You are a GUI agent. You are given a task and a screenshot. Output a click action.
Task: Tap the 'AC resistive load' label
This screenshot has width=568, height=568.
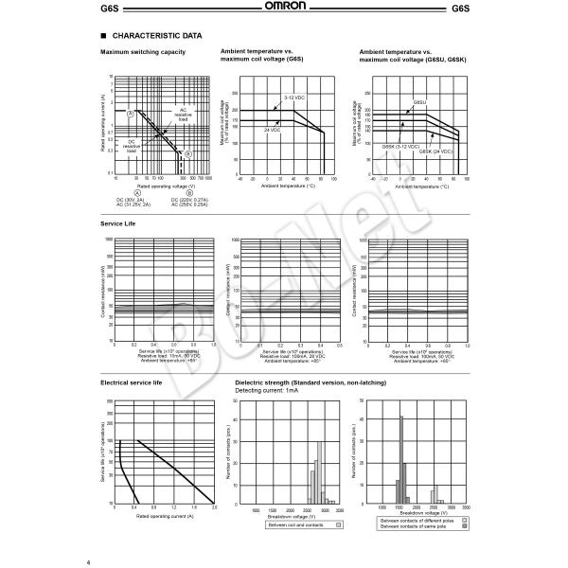[183, 115]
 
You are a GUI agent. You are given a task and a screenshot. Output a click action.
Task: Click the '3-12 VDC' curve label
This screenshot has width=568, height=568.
[295, 98]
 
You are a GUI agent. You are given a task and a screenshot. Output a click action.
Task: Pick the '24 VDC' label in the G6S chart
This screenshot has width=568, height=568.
[270, 129]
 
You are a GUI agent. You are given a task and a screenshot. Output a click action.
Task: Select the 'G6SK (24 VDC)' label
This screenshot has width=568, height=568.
[436, 151]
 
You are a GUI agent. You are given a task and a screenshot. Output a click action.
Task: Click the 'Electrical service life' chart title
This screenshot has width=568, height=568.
[133, 382]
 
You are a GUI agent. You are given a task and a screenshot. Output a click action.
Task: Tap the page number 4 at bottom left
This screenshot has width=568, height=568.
[101, 559]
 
